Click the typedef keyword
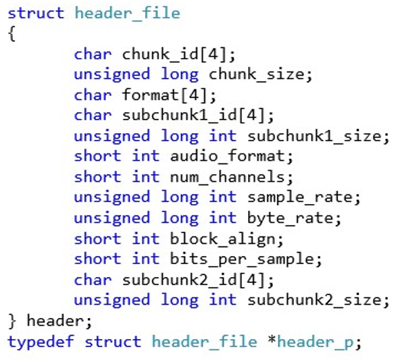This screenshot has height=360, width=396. tap(41, 342)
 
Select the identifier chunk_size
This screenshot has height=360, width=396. tap(257, 75)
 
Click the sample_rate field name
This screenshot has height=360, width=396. tap(300, 197)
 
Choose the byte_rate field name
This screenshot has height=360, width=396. tap(291, 219)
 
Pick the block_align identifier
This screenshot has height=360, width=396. tap(223, 239)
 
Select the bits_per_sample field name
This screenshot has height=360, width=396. tap(243, 259)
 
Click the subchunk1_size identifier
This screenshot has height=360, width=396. tap(315, 136)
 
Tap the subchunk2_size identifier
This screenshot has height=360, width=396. tap(315, 301)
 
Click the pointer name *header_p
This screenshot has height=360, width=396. tap(311, 342)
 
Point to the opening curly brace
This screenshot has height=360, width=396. tap(11, 34)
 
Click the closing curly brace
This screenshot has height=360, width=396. tap(12, 321)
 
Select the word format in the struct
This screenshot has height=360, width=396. tap(151, 95)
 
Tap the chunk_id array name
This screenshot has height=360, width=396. tap(161, 55)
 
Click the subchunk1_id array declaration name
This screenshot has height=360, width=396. tap(180, 115)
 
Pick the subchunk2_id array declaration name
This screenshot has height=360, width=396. tap(180, 280)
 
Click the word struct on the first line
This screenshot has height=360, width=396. tap(36, 13)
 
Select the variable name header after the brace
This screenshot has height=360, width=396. tap(55, 321)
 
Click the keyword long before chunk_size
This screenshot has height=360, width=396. tap(180, 75)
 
